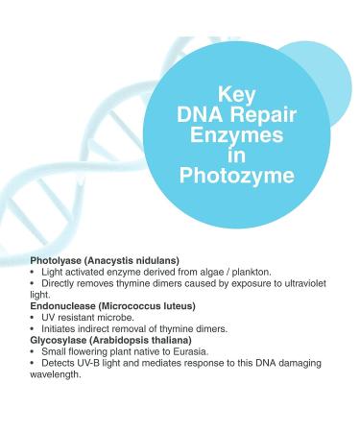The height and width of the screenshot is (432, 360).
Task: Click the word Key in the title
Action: click(x=237, y=96)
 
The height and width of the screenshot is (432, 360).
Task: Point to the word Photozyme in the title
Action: click(x=236, y=177)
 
